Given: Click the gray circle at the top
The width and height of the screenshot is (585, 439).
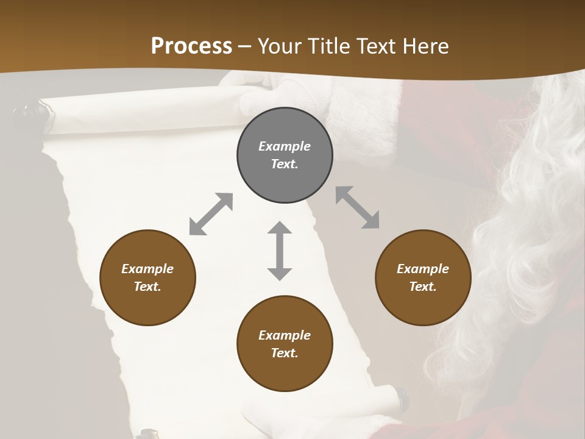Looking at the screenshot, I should coord(285,155).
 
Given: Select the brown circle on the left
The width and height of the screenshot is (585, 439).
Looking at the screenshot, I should coord(147,277).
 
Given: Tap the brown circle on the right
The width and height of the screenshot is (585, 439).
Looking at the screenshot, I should coord(423,277).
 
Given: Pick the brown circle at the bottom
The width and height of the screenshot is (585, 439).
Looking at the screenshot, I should coord(285,344).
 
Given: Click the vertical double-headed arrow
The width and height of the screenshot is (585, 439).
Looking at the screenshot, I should coord(280,251).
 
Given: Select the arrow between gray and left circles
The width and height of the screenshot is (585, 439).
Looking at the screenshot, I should coord(211,214).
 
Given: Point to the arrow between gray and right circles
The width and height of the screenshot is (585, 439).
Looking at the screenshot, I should coord(357,207).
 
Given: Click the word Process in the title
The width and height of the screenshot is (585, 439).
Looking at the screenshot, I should coord(191,46).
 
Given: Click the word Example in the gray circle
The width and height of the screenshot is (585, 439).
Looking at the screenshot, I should coord(285,146).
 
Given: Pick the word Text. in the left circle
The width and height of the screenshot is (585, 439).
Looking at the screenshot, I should coord(147,287).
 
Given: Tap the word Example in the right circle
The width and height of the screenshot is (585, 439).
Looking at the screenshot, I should coord(423,269).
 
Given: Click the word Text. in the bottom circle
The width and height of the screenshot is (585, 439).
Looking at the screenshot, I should coord(285,353).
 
